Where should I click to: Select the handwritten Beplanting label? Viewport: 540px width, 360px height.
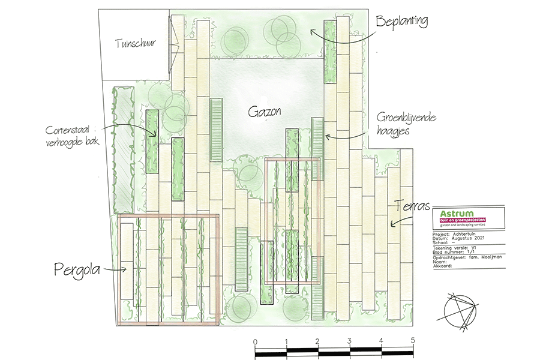(x=401, y=22)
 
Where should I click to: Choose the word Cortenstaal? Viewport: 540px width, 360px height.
(x=71, y=130)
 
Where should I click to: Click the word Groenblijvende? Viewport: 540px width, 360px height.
(x=401, y=118)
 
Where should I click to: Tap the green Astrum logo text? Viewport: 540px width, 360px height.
(x=457, y=214)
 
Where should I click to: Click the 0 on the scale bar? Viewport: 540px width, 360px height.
(x=256, y=342)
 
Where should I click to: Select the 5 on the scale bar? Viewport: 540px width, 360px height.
(x=413, y=342)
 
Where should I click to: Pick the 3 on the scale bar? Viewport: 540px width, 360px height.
(x=350, y=342)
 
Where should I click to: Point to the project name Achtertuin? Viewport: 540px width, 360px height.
(x=469, y=235)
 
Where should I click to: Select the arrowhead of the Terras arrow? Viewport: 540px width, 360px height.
(x=390, y=224)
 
